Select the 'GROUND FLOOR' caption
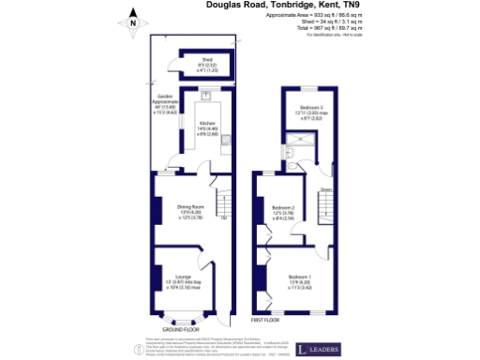[x=178, y=330]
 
